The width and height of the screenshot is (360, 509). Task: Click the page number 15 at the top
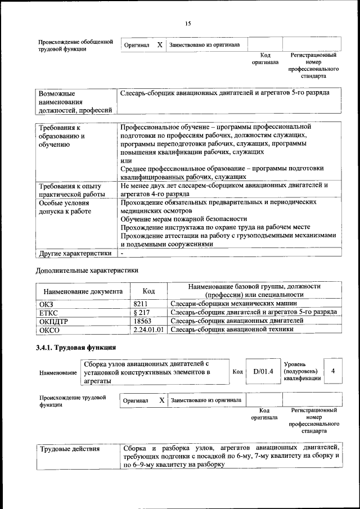point(188,23)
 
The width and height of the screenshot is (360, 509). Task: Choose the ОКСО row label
point(47,330)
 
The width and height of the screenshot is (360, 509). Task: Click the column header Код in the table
point(148,291)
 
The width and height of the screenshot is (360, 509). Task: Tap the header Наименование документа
point(83,292)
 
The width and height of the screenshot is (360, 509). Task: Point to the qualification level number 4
point(333,371)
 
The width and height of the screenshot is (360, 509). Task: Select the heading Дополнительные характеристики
point(87,271)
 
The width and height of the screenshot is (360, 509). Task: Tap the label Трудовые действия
point(69,449)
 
